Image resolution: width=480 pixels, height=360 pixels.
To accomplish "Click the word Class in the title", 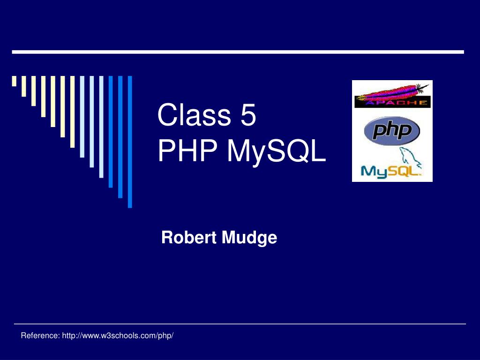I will (x=193, y=116).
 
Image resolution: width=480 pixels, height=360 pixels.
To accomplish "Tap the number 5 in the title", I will (x=248, y=116).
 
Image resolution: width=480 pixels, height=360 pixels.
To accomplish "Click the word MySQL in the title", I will (x=277, y=152).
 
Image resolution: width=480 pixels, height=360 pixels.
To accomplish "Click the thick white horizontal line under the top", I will (x=238, y=52).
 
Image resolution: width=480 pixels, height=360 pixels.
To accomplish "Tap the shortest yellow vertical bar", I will (x=14, y=81).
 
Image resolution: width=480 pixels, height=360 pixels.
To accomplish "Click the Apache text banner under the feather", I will (x=392, y=102).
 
